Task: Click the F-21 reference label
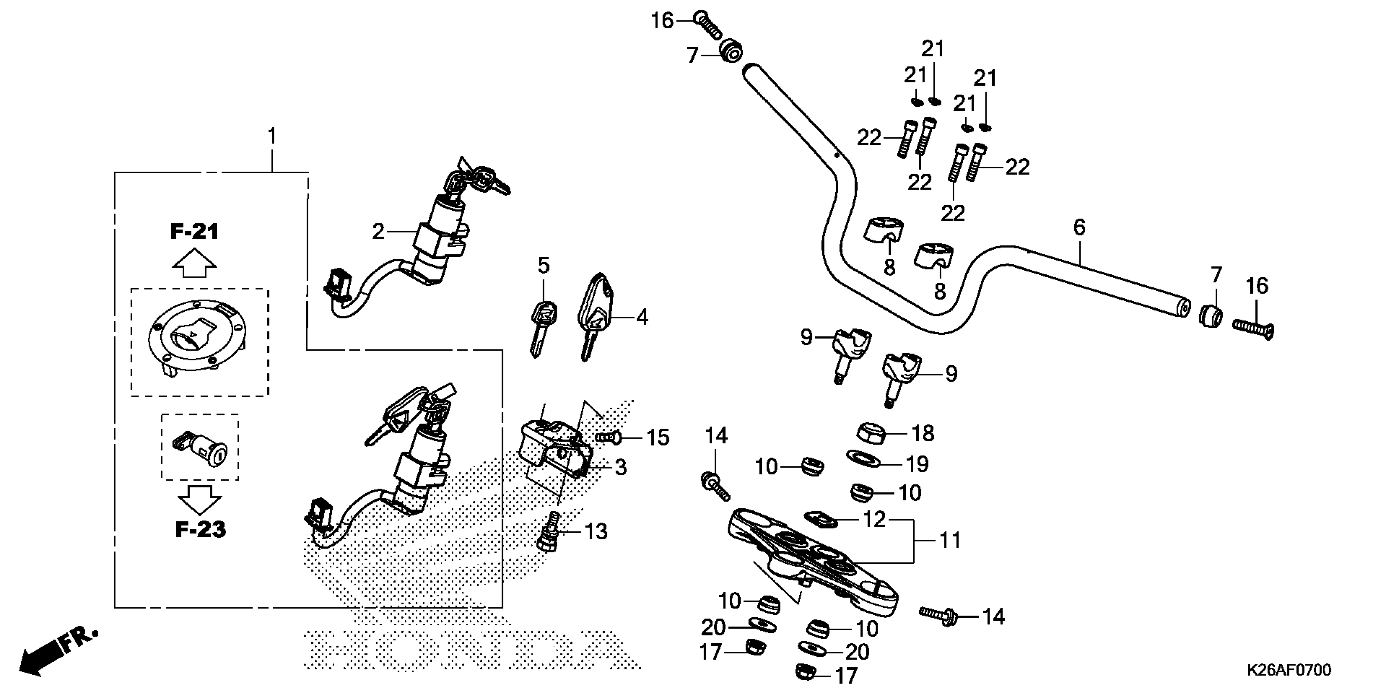click(x=195, y=232)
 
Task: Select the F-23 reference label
click(x=200, y=530)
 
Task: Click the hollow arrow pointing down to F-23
click(x=200, y=499)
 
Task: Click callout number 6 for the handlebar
click(x=1079, y=227)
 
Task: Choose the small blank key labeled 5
click(x=542, y=326)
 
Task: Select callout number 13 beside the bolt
click(x=596, y=532)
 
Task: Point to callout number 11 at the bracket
click(x=950, y=540)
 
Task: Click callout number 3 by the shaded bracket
click(x=620, y=467)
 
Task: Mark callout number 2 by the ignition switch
click(x=378, y=232)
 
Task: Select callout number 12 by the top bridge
click(x=874, y=519)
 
